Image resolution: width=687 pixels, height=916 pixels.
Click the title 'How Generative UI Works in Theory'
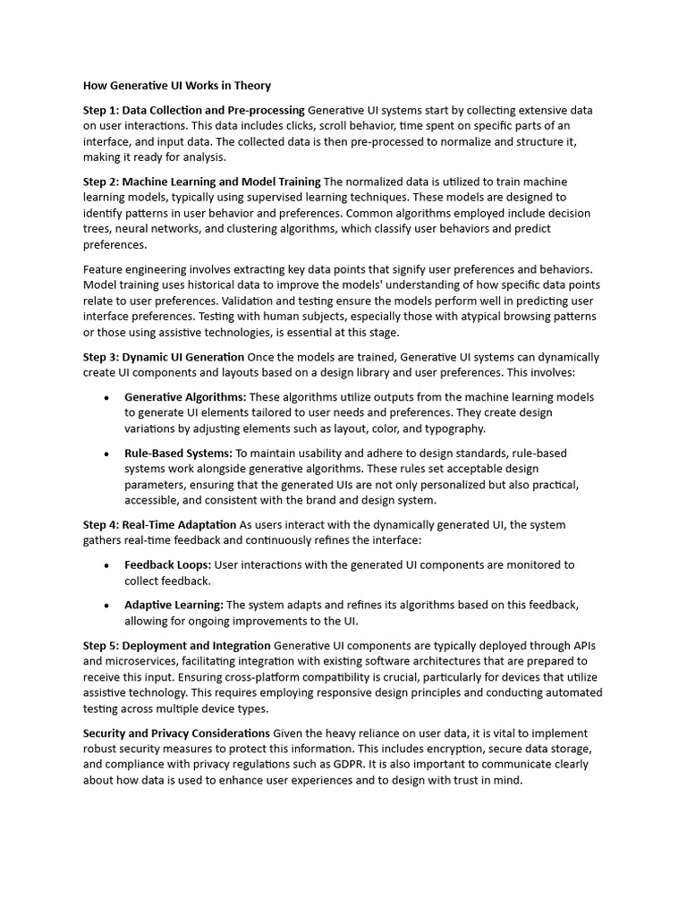[177, 86]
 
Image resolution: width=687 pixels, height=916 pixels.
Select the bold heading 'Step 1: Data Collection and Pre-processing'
[194, 110]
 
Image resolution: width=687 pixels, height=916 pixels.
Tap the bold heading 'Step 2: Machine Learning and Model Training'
[201, 182]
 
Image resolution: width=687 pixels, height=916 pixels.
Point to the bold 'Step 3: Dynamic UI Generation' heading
[164, 357]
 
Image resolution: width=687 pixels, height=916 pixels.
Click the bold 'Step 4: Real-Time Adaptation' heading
[160, 524]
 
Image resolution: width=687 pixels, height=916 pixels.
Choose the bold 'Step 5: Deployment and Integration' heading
[177, 645]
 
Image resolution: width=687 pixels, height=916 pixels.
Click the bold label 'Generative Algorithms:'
[185, 397]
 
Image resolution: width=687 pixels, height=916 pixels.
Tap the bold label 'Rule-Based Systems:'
[178, 453]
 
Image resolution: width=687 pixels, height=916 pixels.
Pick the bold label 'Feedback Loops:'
[168, 564]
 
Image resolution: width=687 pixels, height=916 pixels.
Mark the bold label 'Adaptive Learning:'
[174, 605]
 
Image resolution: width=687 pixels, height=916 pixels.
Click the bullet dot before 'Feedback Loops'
[106, 565]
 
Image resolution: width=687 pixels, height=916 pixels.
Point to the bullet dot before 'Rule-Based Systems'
[106, 454]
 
